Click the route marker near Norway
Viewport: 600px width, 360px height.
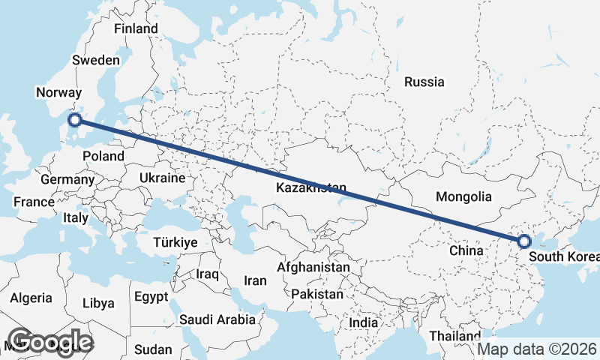tap(75, 120)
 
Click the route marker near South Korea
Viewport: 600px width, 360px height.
tap(524, 241)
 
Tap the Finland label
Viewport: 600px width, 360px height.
tap(136, 28)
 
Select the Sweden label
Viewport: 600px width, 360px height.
tap(96, 60)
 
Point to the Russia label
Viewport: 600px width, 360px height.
tap(424, 82)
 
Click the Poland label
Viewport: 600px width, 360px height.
tap(103, 156)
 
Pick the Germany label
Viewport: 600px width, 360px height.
tap(67, 180)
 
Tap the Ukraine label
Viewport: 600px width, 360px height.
tap(161, 178)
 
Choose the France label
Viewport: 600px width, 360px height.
tap(34, 202)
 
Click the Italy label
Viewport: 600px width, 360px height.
tap(76, 218)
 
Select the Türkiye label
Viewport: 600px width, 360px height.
tap(175, 242)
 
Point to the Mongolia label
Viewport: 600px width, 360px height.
tap(463, 197)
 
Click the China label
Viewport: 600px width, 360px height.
tap(466, 250)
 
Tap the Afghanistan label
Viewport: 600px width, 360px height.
tap(313, 267)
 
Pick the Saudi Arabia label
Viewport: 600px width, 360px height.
tap(217, 319)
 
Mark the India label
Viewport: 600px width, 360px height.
tap(364, 322)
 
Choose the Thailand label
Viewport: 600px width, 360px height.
tap(454, 335)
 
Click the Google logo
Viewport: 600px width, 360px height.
tap(50, 342)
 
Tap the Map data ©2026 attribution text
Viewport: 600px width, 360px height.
tap(537, 349)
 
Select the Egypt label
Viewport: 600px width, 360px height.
tap(151, 296)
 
